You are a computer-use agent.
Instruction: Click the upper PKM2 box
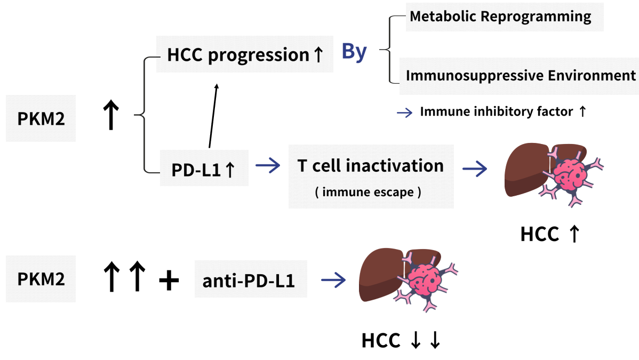(x=41, y=118)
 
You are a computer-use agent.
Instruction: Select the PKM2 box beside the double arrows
(x=41, y=279)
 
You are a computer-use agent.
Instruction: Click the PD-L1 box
(x=204, y=170)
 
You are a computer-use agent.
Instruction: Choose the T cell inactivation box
(x=371, y=176)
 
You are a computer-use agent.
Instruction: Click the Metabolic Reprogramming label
(x=500, y=17)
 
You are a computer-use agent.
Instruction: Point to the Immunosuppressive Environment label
(x=521, y=75)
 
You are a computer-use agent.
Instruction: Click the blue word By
(x=354, y=52)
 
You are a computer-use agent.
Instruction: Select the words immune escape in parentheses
(x=368, y=192)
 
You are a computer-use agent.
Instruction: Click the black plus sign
(x=169, y=281)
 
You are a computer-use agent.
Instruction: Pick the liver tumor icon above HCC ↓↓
(x=408, y=282)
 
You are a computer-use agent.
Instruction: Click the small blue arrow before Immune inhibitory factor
(x=405, y=112)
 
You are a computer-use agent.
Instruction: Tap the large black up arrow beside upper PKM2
(x=110, y=116)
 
